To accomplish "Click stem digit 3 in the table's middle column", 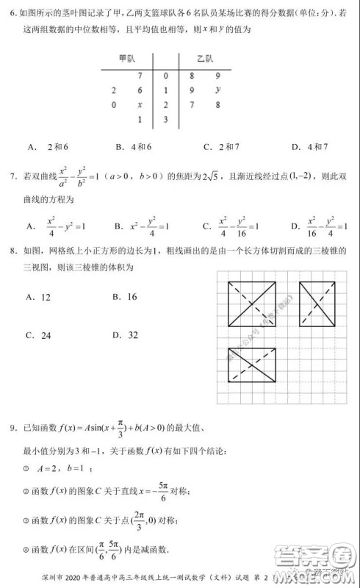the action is click(x=166, y=119).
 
